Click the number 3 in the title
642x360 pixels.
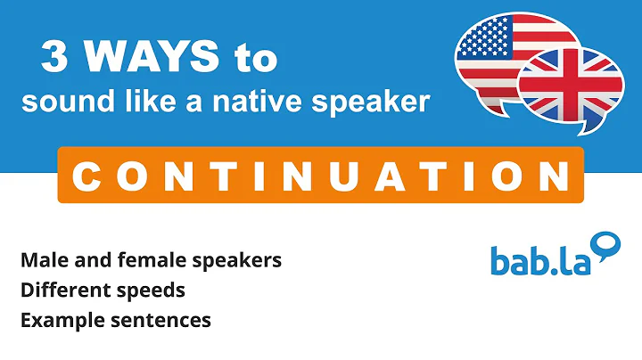pyautogui.click(x=56, y=61)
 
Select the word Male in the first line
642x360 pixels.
pyautogui.click(x=41, y=261)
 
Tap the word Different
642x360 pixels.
pyautogui.click(x=58, y=290)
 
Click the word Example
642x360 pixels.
pyautogui.click(x=55, y=320)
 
